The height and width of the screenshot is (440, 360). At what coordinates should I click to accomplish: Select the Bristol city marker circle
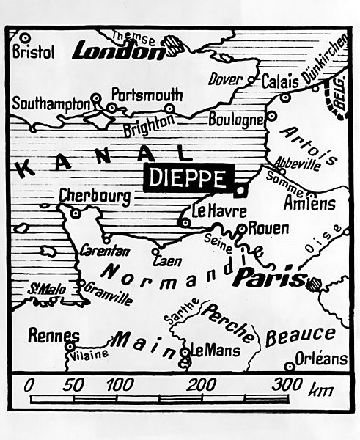[24, 37]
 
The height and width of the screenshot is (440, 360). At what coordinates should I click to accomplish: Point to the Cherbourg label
[95, 196]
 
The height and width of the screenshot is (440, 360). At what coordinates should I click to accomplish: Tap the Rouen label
[268, 228]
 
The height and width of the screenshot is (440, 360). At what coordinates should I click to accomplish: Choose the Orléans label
[322, 359]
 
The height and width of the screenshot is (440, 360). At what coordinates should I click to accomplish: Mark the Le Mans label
[210, 350]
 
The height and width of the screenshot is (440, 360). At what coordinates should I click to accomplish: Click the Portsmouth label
[147, 95]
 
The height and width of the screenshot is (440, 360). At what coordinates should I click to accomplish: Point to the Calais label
[279, 80]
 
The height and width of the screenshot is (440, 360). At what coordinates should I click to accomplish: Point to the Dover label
[225, 79]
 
